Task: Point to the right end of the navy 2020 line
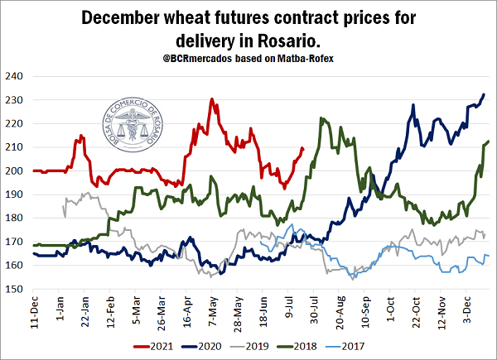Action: (x=484, y=94)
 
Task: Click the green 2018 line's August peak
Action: (x=321, y=118)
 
